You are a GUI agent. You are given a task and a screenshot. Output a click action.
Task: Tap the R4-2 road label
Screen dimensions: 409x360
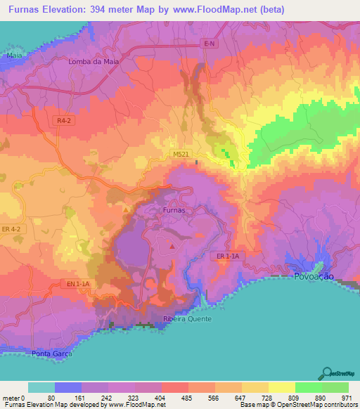click(x=65, y=121)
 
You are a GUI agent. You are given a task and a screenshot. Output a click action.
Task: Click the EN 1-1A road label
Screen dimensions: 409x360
click(x=78, y=283)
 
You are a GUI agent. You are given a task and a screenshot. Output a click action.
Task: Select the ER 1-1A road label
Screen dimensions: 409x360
click(x=226, y=257)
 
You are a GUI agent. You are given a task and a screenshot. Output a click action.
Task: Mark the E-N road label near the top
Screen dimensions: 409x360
click(x=207, y=44)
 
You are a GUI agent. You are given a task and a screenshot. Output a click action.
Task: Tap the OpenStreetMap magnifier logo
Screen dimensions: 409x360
click(x=328, y=372)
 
